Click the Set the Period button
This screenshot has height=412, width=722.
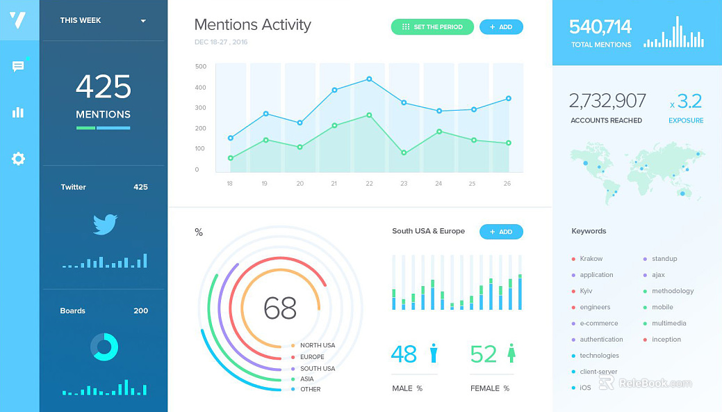(432, 26)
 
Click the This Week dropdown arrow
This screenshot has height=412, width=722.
(143, 21)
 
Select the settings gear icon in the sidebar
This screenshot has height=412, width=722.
(18, 159)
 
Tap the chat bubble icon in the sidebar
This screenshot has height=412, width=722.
(18, 66)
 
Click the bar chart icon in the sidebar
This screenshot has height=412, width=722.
(18, 112)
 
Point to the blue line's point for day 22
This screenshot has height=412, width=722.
(369, 79)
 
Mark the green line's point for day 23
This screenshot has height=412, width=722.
(404, 152)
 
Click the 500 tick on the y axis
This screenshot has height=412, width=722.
(201, 66)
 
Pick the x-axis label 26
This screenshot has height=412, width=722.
(507, 184)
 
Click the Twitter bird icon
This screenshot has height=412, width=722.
(105, 224)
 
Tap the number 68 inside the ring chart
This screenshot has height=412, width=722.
(280, 308)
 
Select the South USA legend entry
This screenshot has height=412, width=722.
(313, 369)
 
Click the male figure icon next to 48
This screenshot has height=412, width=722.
(434, 353)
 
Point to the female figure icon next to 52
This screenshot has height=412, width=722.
(511, 353)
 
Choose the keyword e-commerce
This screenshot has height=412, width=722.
(598, 324)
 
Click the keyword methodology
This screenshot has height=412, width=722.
(672, 291)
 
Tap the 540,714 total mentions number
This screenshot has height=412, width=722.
(600, 27)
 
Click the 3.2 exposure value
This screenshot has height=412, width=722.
(689, 101)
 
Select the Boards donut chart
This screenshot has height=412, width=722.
(104, 347)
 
